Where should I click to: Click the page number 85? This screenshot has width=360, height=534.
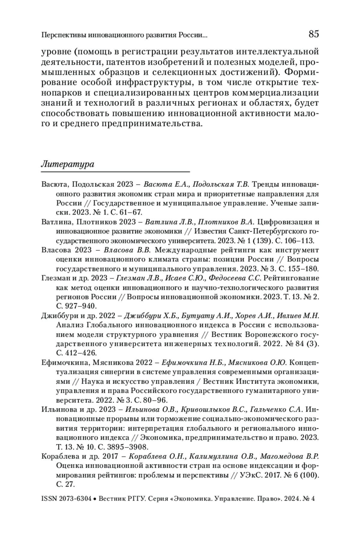click(x=313, y=34)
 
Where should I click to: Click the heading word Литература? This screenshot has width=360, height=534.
click(x=67, y=164)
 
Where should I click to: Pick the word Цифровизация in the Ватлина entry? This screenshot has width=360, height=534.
click(x=283, y=222)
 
